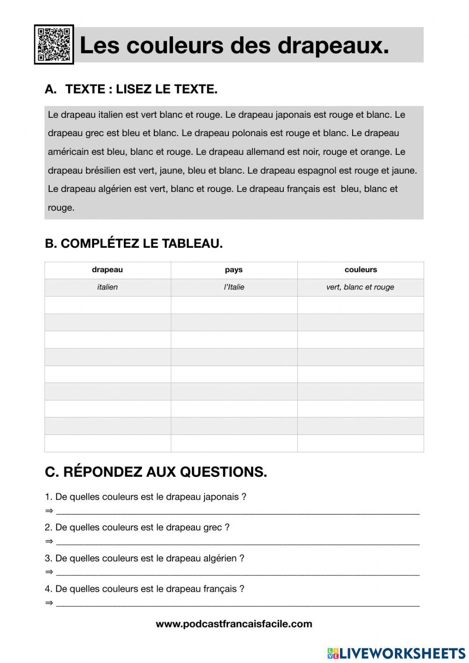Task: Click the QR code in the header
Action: click(x=54, y=45)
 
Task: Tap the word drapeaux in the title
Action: click(x=333, y=46)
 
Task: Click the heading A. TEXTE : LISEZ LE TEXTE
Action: click(x=131, y=89)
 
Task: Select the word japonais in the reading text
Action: click(x=293, y=115)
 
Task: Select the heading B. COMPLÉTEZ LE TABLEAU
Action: click(x=134, y=244)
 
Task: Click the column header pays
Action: click(x=234, y=270)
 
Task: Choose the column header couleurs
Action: click(x=361, y=270)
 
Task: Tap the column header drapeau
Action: click(x=107, y=270)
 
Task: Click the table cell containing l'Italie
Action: click(x=234, y=287)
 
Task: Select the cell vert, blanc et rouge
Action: click(x=360, y=287)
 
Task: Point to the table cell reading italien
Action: click(x=107, y=287)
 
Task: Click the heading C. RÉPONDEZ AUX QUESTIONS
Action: click(x=156, y=472)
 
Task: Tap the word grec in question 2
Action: click(x=213, y=527)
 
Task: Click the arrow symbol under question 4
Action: click(x=49, y=603)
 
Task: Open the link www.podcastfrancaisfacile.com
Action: click(x=234, y=624)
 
